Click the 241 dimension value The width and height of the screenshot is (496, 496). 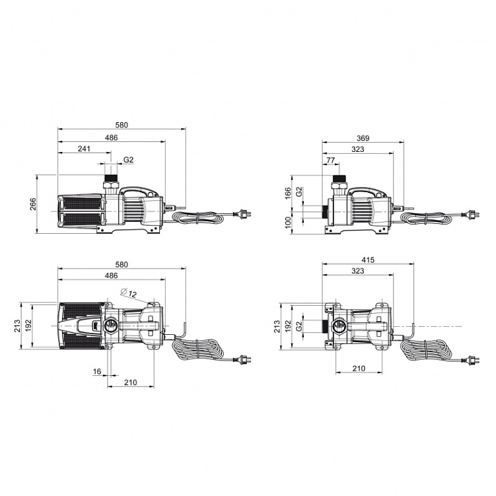(84, 149)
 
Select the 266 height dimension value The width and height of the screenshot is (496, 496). (33, 204)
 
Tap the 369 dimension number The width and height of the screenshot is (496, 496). (363, 138)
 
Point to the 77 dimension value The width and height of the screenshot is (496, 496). (330, 160)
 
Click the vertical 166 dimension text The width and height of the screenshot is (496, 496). (288, 194)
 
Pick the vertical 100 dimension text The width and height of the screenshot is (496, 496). (288, 223)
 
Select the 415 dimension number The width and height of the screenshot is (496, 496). (368, 260)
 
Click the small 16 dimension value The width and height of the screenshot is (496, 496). (97, 371)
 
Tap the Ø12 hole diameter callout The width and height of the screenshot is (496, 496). (128, 293)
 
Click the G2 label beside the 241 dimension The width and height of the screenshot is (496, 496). (128, 160)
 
